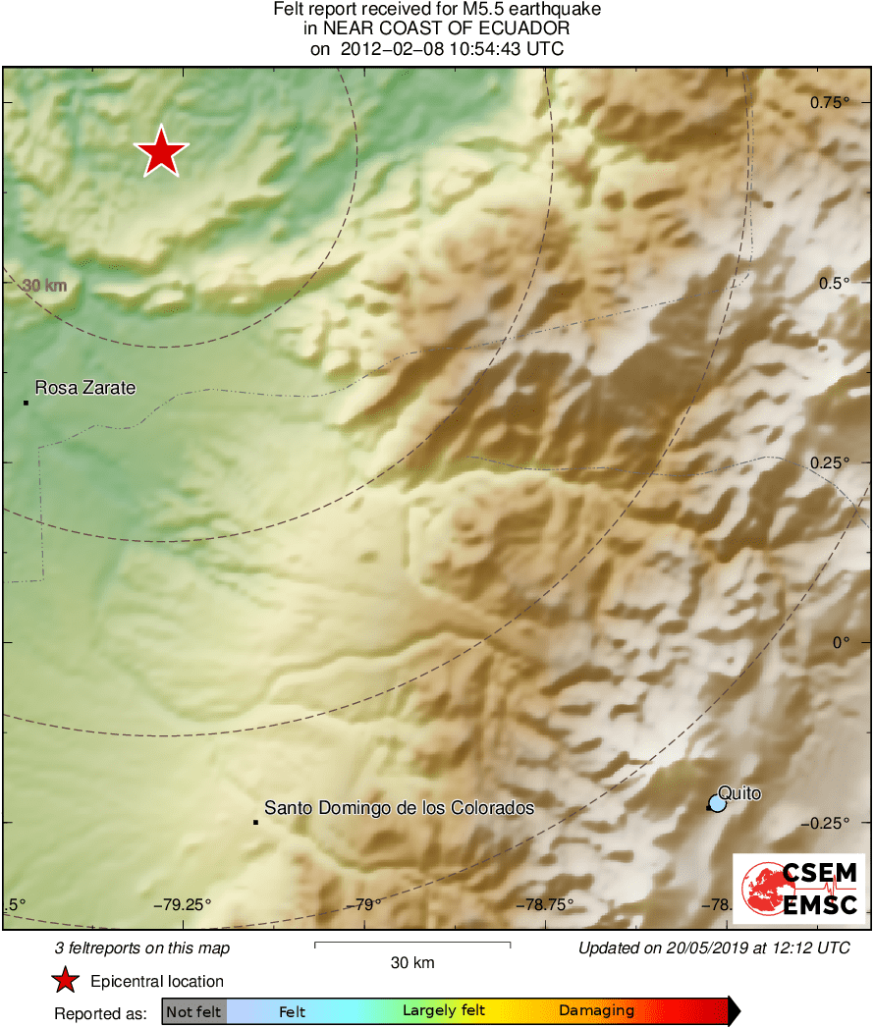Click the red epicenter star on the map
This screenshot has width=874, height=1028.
tap(161, 152)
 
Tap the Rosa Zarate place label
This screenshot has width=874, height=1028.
tap(85, 388)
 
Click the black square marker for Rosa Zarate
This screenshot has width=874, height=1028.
tap(26, 402)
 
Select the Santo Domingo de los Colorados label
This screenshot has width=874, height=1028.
tap(399, 808)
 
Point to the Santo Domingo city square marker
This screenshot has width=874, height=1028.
tap(255, 822)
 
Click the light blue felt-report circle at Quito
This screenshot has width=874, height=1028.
tap(717, 803)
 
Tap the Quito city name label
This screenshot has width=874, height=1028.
tap(739, 792)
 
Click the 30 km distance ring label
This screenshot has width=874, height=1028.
tap(45, 286)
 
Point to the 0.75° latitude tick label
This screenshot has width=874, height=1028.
tap(829, 103)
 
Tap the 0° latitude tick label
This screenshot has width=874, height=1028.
tap(840, 642)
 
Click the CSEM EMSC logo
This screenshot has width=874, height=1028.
tap(798, 889)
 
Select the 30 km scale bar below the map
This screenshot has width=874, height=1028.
tap(412, 945)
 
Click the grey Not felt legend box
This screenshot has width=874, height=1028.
tap(193, 1010)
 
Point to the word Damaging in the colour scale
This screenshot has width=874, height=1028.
tap(596, 1010)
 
